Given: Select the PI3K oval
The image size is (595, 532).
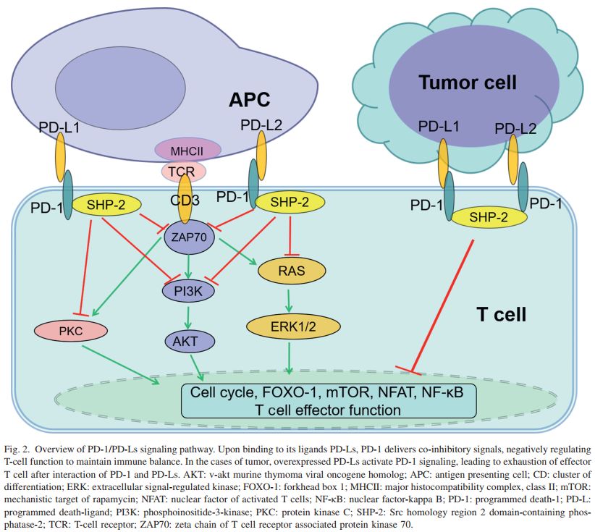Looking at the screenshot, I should (x=187, y=291).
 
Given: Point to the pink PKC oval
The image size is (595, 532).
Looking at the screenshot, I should (x=70, y=331).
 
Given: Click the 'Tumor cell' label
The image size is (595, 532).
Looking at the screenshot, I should (x=467, y=83).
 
